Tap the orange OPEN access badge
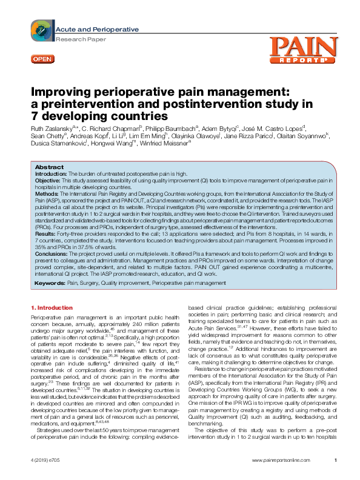click(x=42, y=58)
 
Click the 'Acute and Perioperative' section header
click(x=97, y=29)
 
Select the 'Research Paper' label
click(x=78, y=38)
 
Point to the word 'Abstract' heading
click(x=49, y=167)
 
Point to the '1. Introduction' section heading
click(x=51, y=307)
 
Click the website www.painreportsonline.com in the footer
click(x=280, y=462)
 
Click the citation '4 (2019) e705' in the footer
click(x=46, y=462)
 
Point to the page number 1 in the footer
click(x=335, y=462)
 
